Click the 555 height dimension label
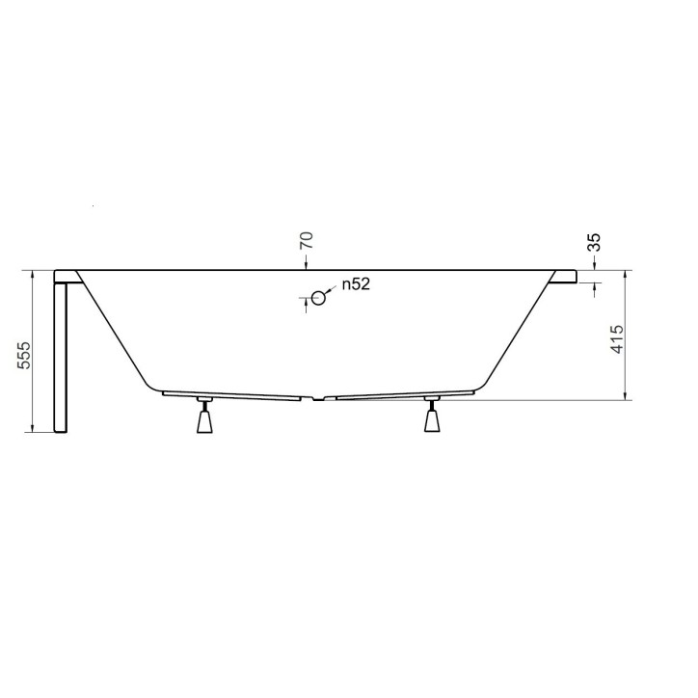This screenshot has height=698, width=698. (26, 356)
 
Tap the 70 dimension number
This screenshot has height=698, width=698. (307, 241)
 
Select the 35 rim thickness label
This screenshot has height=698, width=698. (594, 244)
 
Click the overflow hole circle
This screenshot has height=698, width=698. (318, 297)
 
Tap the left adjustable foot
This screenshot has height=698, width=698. (203, 420)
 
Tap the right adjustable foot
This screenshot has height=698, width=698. (433, 420)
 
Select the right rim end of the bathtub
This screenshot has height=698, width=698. (564, 277)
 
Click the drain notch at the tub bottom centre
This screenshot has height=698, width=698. (319, 398)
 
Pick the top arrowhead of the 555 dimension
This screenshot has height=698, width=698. (36, 276)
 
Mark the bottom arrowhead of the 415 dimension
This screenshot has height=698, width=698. (628, 393)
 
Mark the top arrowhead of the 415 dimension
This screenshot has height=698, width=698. (628, 276)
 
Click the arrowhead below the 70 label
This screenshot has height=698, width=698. (307, 264)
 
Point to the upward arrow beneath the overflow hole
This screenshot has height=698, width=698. (307, 302)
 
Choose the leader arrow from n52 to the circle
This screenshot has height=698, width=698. (332, 289)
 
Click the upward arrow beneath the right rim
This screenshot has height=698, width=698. (594, 288)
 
